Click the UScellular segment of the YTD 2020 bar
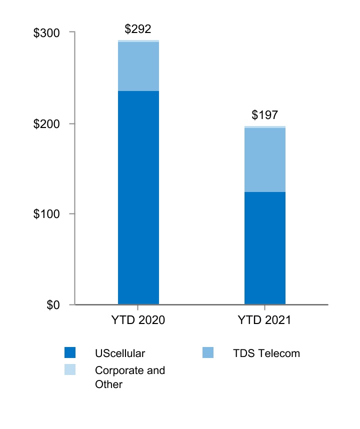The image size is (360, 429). (138, 197)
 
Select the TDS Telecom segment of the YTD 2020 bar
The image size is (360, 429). (138, 66)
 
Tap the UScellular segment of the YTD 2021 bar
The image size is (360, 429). (265, 248)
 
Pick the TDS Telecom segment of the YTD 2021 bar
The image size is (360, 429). (265, 160)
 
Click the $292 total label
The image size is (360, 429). (138, 29)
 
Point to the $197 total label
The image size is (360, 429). (264, 115)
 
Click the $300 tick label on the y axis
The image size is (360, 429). (46, 32)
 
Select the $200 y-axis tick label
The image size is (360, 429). (46, 123)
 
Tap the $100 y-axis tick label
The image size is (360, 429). (46, 214)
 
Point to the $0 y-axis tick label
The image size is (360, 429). (53, 305)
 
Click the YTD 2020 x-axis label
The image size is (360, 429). (138, 320)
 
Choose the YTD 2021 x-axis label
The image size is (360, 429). (265, 320)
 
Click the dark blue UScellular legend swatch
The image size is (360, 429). (70, 353)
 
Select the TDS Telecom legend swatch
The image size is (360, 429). (208, 353)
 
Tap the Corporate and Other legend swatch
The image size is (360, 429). (70, 370)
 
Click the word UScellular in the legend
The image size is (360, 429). (120, 353)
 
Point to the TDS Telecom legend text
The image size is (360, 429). (266, 353)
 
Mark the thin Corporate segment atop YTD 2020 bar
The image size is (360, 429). (138, 41)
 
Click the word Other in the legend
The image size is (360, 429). (108, 384)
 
